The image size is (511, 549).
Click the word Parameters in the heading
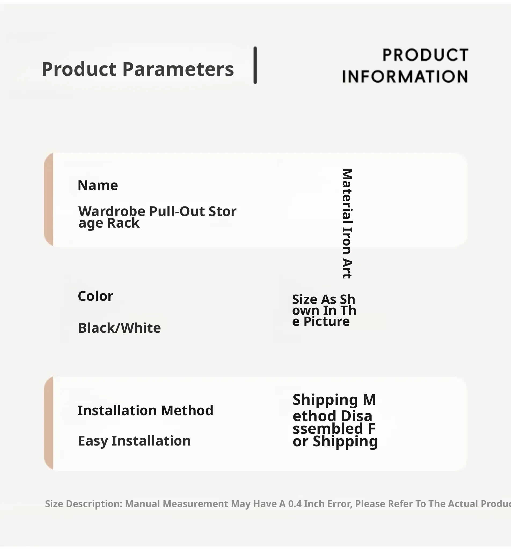pyautogui.click(x=178, y=69)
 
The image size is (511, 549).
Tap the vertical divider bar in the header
pyautogui.click(x=255, y=65)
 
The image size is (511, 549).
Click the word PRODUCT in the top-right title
pyautogui.click(x=425, y=55)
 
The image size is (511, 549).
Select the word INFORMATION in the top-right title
pyautogui.click(x=405, y=76)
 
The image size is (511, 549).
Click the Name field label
pyautogui.click(x=98, y=185)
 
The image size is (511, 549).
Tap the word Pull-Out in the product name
pyautogui.click(x=177, y=212)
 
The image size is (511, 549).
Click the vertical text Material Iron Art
pyautogui.click(x=347, y=224)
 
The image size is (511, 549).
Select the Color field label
pyautogui.click(x=95, y=296)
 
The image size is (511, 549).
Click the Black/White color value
pyautogui.click(x=119, y=328)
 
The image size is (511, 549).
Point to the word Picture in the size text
pyautogui.click(x=327, y=321)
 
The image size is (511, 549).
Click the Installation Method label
pyautogui.click(x=145, y=410)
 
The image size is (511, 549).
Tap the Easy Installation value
pyautogui.click(x=134, y=441)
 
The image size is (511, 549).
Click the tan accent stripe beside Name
pyautogui.click(x=49, y=199)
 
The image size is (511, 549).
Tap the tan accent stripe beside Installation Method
pyautogui.click(x=49, y=423)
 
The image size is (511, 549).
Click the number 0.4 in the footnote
pyautogui.click(x=295, y=504)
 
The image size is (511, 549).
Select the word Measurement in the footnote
pyautogui.click(x=195, y=504)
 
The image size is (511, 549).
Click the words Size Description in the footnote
pyautogui.click(x=84, y=504)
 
